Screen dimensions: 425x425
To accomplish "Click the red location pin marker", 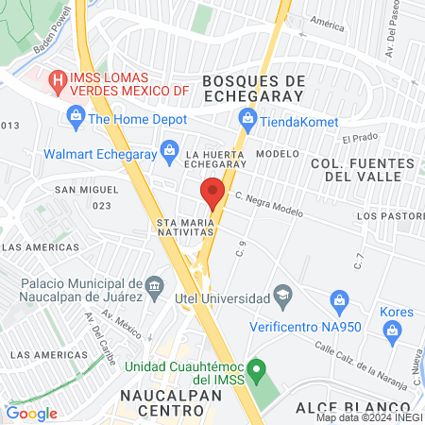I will coord(212,191).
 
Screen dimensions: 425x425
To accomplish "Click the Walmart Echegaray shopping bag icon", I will coord(169,149).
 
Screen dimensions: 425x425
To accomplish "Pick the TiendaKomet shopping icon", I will coord(248,117).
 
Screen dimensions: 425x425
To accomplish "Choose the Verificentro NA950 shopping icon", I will coord(339,300).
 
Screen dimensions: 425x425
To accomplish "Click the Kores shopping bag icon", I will coord(393,330).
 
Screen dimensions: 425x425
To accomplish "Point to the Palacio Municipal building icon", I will coord(154,285).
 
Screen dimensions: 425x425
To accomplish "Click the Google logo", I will coord(32,413).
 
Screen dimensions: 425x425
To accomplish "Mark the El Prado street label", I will coord(360,139).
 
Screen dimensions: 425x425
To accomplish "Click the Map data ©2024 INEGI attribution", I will coord(369,417).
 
